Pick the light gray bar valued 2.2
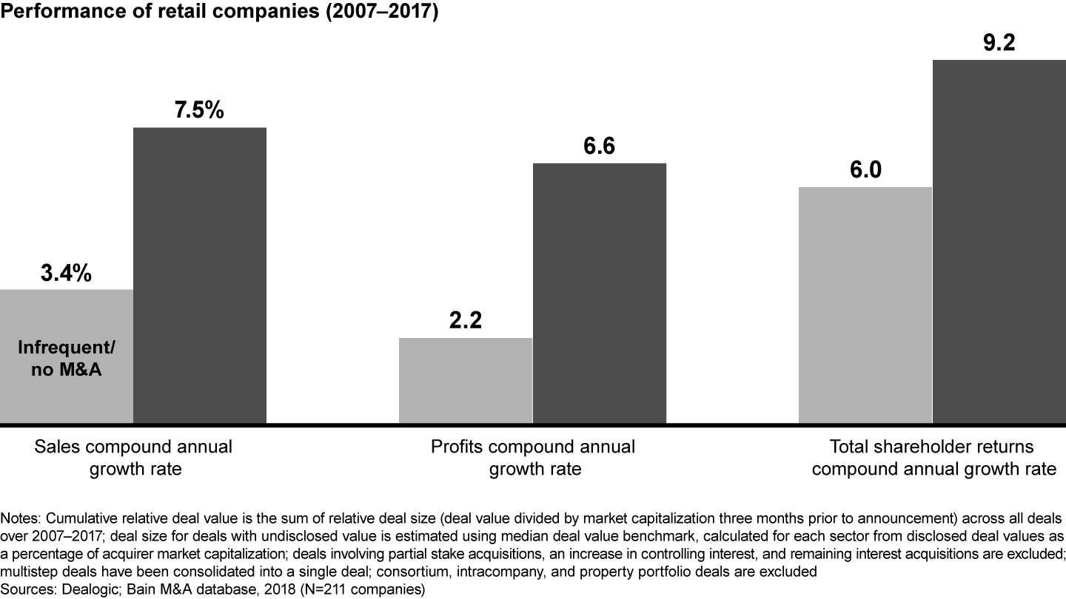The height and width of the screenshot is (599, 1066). tap(466, 381)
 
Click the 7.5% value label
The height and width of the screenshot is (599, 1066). tap(199, 110)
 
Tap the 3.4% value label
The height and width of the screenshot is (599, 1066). tap(67, 274)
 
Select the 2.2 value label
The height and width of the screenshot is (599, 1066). tap(466, 322)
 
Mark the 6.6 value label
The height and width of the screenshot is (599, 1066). tap(599, 146)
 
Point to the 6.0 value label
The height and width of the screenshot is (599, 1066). tap(865, 170)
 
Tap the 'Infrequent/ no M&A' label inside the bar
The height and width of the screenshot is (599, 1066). tap(67, 359)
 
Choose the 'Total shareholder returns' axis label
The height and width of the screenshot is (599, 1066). tap(931, 447)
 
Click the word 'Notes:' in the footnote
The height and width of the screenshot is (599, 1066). tap(21, 517)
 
